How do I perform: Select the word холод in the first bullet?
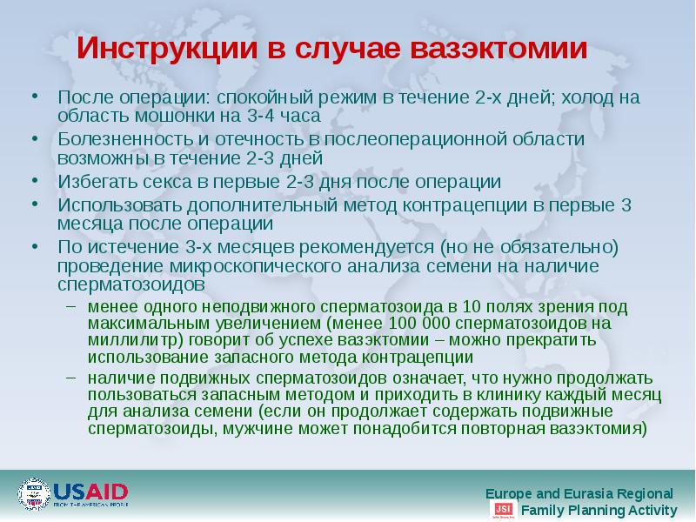click(x=568, y=97)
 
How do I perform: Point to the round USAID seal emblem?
click(x=34, y=494)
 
